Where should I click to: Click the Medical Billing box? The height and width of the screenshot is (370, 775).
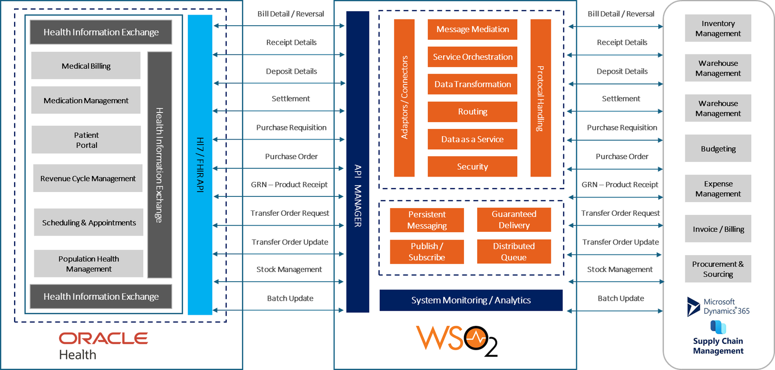pyautogui.click(x=86, y=66)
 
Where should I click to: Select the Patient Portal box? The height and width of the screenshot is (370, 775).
pyautogui.click(x=86, y=140)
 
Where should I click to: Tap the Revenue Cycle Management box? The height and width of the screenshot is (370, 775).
pyautogui.click(x=88, y=178)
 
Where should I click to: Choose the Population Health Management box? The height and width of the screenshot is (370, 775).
pyautogui.click(x=89, y=264)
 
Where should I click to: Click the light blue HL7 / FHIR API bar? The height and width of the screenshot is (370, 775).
pyautogui.click(x=200, y=165)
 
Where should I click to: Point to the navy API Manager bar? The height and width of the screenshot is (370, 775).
pyautogui.click(x=357, y=162)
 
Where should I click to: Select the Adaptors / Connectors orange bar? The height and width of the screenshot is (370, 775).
pyautogui.click(x=404, y=98)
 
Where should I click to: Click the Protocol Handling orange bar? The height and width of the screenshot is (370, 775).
pyautogui.click(x=541, y=98)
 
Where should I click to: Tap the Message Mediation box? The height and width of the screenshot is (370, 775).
pyautogui.click(x=472, y=30)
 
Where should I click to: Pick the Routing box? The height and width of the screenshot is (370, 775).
pyautogui.click(x=472, y=112)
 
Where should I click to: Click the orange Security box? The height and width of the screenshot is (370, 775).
pyautogui.click(x=472, y=167)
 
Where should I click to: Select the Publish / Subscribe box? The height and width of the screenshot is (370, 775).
pyautogui.click(x=427, y=252)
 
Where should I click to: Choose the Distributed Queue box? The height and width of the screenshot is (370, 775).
pyautogui.click(x=514, y=252)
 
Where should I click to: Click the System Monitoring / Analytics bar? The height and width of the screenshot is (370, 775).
pyautogui.click(x=471, y=300)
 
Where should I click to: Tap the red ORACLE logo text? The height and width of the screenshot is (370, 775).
pyautogui.click(x=103, y=338)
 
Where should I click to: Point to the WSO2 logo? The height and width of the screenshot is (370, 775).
pyautogui.click(x=457, y=340)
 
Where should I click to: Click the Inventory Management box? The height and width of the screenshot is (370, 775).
pyautogui.click(x=718, y=28)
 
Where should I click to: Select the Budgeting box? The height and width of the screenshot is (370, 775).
pyautogui.click(x=718, y=149)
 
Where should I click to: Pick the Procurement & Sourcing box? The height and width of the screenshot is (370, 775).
pyautogui.click(x=718, y=269)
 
